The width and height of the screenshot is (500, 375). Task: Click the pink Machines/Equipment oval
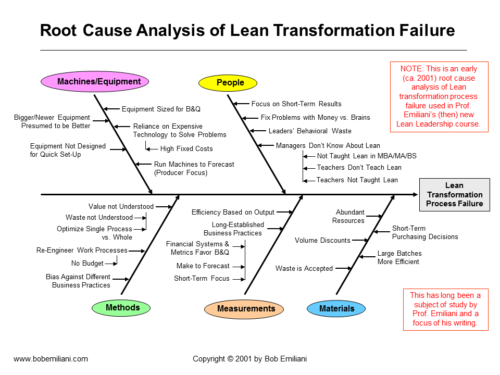tap(94, 81)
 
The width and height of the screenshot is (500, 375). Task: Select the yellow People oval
tap(229, 82)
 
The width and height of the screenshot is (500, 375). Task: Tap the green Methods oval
tap(122, 308)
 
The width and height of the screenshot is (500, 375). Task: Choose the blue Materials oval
tap(336, 309)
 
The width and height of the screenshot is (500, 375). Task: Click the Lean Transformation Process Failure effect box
tap(454, 194)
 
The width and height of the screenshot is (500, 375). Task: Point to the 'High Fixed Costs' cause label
tap(186, 149)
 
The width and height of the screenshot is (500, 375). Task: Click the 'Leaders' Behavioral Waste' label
tap(310, 131)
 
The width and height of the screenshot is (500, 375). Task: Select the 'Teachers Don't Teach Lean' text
tap(359, 168)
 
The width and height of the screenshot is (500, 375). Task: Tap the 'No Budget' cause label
tap(87, 264)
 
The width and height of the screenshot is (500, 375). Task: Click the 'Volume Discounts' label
tap(322, 241)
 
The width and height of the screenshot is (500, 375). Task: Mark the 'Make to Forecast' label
tap(203, 266)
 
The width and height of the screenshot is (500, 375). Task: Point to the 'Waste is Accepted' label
tap(304, 269)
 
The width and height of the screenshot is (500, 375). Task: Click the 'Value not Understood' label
tap(121, 207)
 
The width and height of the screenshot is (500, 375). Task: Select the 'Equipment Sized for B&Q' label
tap(161, 109)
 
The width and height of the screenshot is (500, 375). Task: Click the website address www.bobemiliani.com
tap(51, 359)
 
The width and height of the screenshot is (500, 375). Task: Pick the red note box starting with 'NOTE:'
tap(439, 96)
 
